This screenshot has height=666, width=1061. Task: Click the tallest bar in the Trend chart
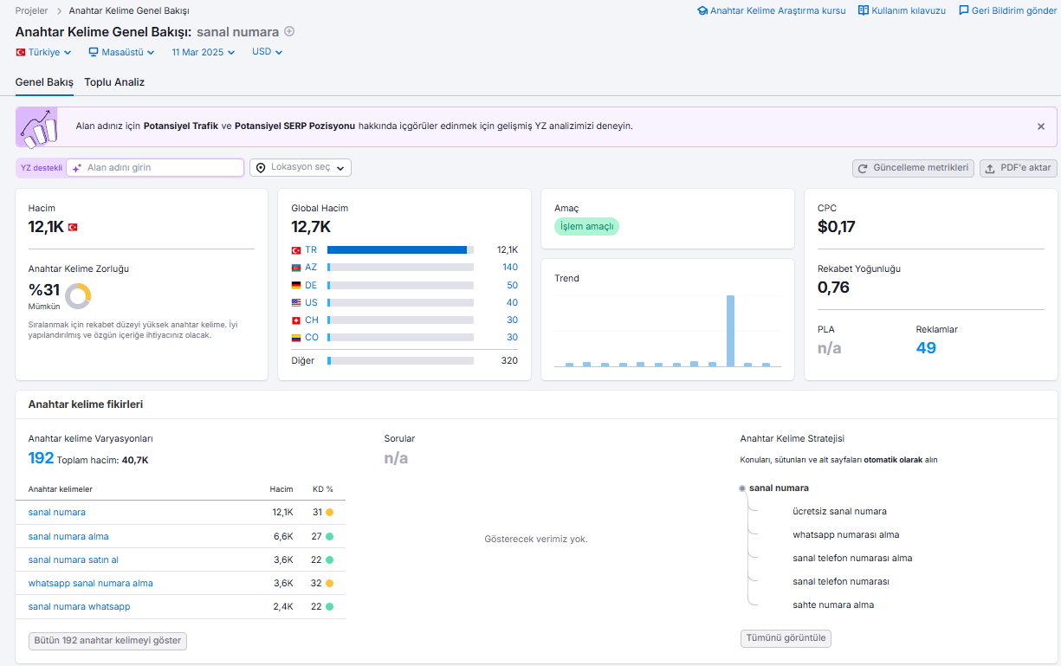730,331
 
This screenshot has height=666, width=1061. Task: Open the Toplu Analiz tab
114,82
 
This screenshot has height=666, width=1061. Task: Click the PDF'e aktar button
1018,168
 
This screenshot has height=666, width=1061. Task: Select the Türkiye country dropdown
43,52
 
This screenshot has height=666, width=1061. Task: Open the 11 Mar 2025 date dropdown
203,52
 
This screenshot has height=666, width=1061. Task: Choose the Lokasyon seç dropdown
301,168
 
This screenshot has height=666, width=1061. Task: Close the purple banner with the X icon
1040,126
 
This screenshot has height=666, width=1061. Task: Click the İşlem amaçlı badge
586,226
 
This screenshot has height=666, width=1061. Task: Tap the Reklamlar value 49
926,348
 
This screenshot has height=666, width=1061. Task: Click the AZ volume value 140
510,267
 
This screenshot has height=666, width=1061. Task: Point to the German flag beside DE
296,285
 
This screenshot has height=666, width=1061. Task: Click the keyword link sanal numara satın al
74,559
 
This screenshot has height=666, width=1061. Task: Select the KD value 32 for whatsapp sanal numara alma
316,583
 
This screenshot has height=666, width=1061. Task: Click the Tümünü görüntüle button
786,638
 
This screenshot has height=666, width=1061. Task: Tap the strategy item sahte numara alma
833,605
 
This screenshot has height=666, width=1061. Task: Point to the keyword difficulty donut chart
78,296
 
